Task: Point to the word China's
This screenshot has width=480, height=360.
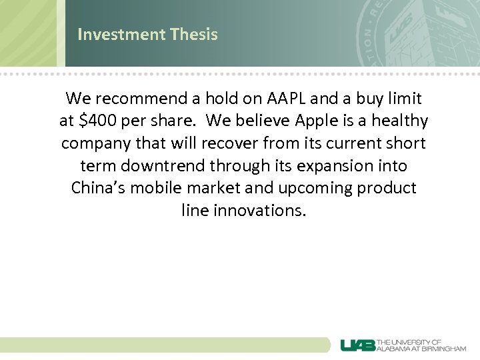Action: [98, 188]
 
